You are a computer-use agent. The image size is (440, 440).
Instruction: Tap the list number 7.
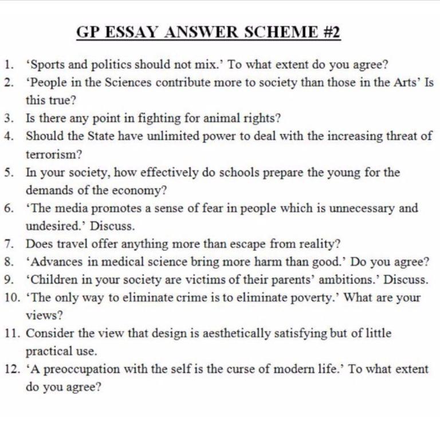[x=9, y=243]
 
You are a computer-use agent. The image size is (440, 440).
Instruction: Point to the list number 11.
[x=11, y=333]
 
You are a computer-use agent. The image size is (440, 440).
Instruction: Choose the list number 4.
[x=9, y=136]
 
